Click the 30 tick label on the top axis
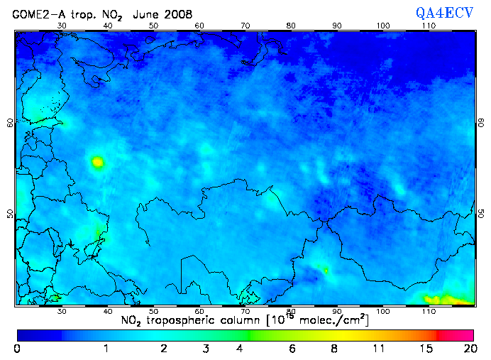[x=62, y=26]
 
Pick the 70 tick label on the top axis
[x=245, y=26]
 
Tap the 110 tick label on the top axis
[x=429, y=26]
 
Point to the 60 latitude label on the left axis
[x=10, y=122]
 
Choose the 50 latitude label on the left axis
[x=10, y=214]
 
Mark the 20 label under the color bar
[x=468, y=349]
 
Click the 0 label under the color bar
[x=17, y=349]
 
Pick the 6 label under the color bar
[x=292, y=349]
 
